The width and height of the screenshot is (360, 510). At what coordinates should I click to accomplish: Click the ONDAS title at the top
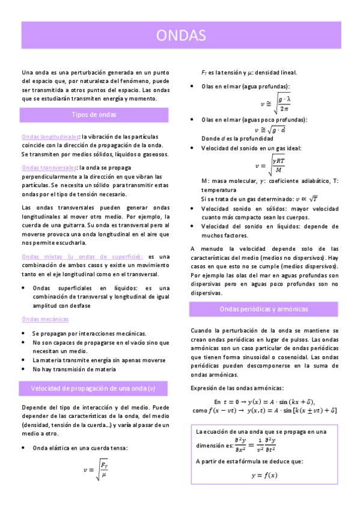coord(180,35)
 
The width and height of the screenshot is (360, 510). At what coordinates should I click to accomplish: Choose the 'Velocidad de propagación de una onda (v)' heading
coord(93,388)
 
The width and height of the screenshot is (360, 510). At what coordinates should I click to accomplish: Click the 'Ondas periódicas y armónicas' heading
coord(264,309)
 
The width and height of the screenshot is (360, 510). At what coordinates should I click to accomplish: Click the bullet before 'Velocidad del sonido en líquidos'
coord(192,226)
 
